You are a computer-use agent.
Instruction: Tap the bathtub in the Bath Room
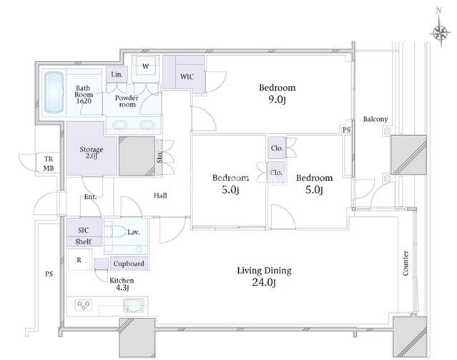[x=54, y=92]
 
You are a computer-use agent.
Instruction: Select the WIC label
[x=187, y=77]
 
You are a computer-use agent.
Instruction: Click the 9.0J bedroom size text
[x=277, y=100]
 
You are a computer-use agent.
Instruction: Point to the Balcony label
[x=375, y=119]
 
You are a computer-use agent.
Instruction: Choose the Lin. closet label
[x=117, y=74]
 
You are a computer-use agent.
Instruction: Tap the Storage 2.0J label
[x=92, y=152]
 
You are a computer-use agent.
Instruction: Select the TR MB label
[x=49, y=164]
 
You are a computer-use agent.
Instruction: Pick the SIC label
[x=83, y=230]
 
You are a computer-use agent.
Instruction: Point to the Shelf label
[x=83, y=242]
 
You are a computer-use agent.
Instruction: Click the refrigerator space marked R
[x=79, y=259]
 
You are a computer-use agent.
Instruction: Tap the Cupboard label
[x=129, y=263]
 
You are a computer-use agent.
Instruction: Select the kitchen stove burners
[x=84, y=305]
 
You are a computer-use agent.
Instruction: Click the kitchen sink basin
[x=134, y=305]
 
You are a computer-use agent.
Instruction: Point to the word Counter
[x=406, y=263]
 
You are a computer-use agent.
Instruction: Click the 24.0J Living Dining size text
[x=264, y=283]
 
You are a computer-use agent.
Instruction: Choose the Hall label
[x=160, y=195]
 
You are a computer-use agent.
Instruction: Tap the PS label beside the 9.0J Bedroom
[x=346, y=130]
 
